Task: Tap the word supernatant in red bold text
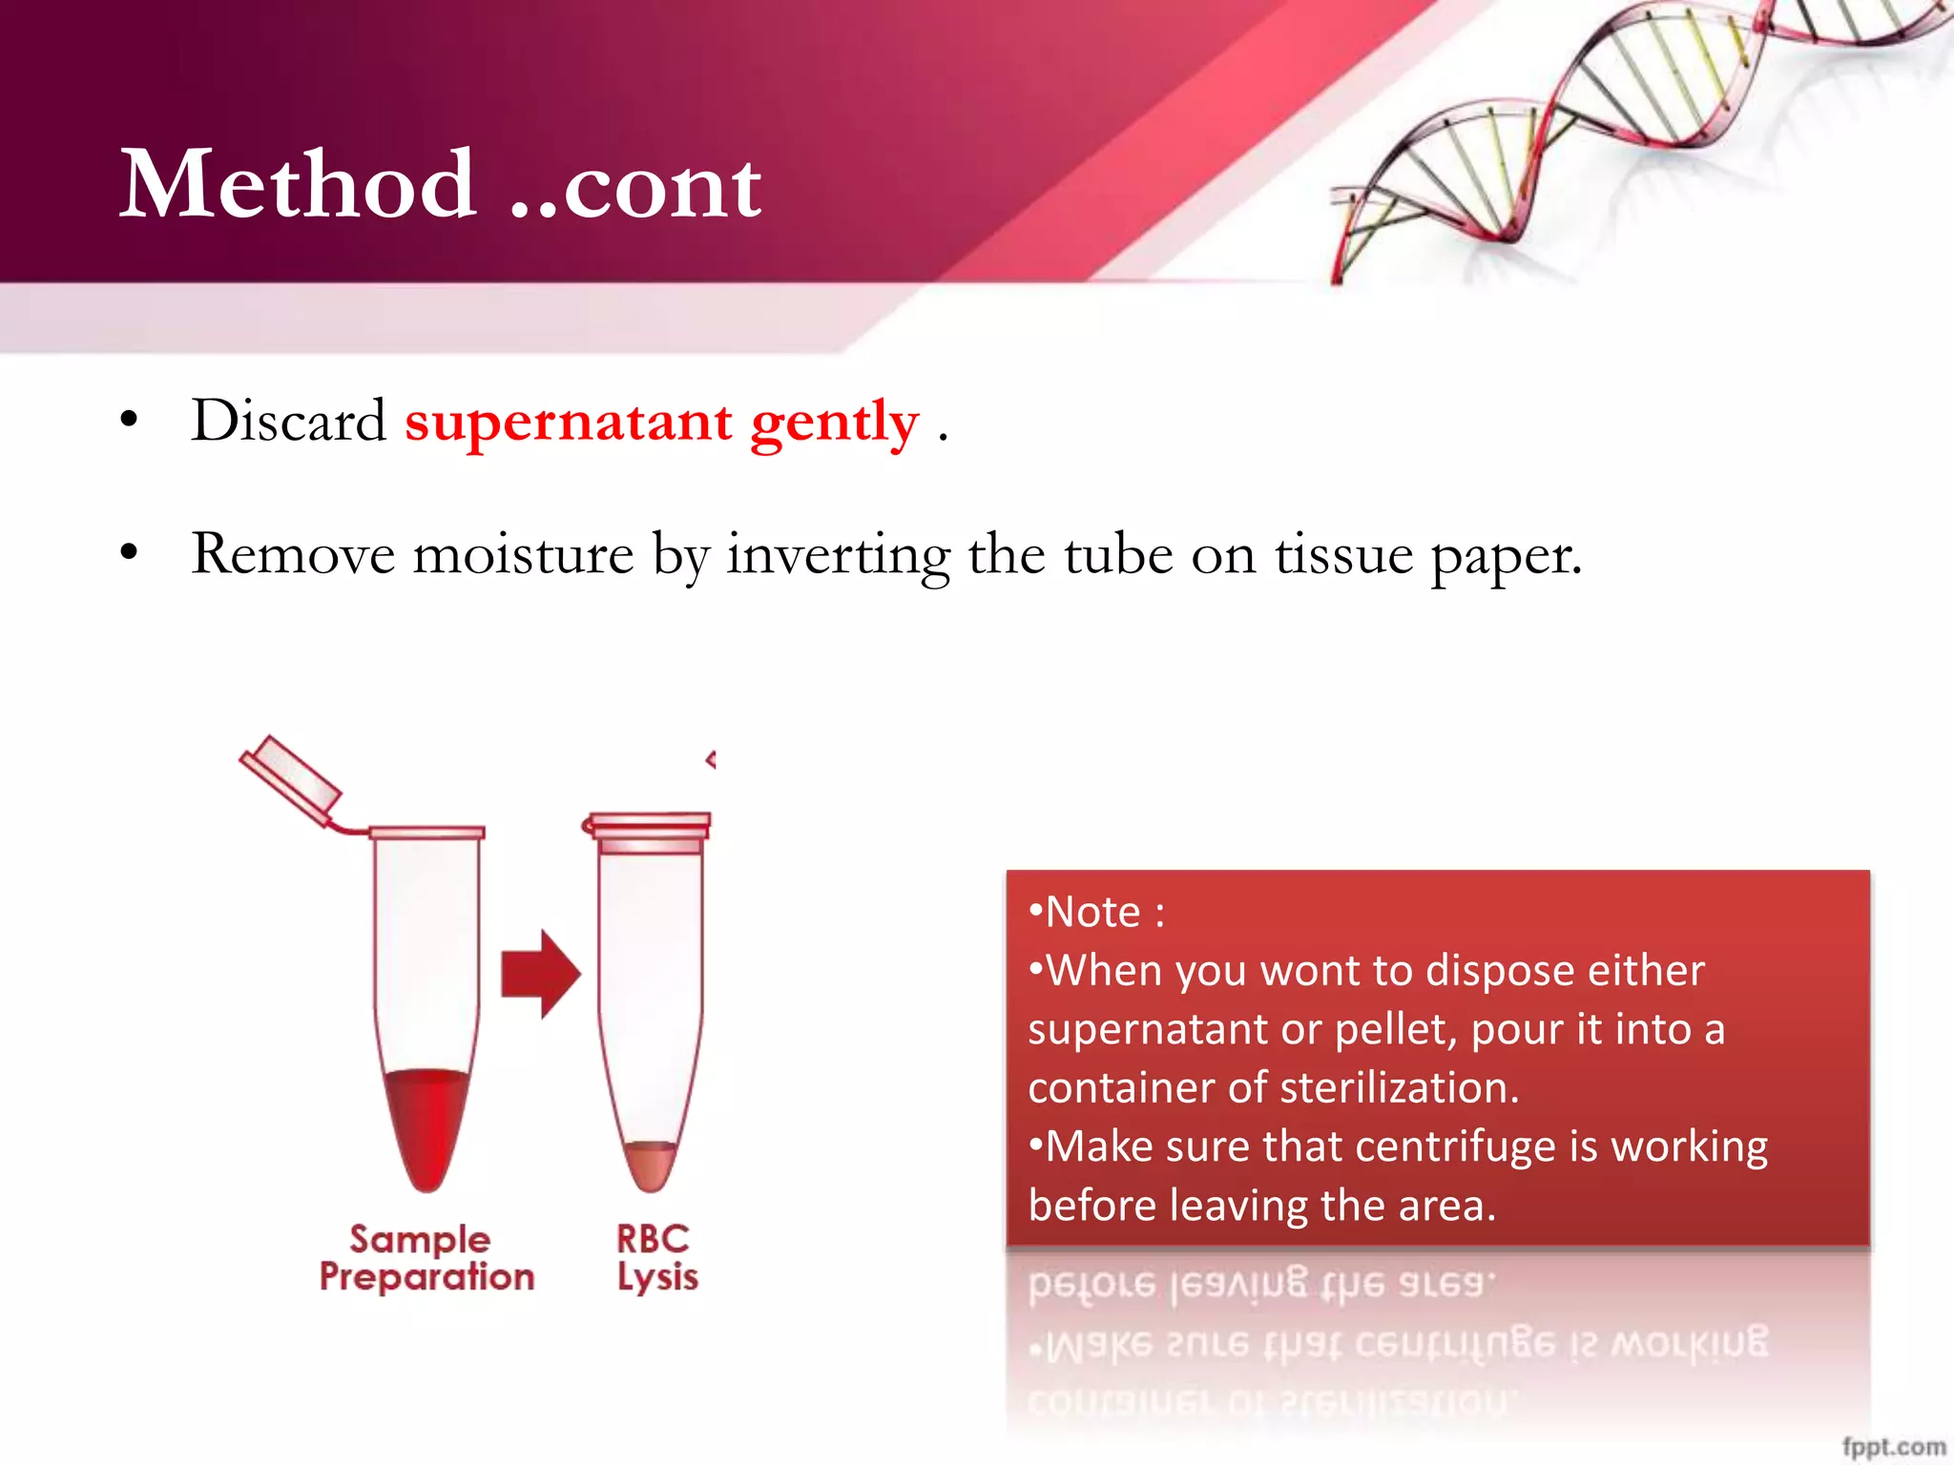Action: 569,422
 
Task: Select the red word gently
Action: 835,422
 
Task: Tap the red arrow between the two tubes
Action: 540,974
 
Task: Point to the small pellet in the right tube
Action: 651,1164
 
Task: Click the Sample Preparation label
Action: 426,1258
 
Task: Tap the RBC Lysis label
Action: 655,1258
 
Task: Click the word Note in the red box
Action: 1092,912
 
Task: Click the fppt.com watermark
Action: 1893,1446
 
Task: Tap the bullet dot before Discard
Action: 130,420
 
